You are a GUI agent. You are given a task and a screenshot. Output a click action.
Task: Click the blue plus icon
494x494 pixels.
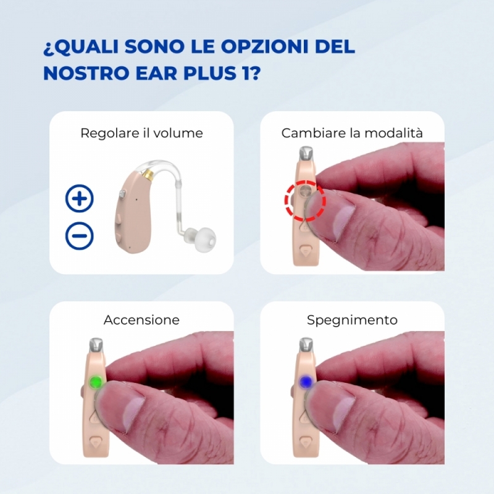[80, 198]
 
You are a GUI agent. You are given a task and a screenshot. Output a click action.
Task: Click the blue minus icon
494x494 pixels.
[80, 236]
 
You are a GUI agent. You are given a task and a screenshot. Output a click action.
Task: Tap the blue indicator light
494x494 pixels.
[305, 382]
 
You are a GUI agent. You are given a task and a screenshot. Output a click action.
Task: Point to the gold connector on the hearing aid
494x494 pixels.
[148, 174]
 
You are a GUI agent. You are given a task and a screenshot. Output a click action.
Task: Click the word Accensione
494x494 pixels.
[141, 320]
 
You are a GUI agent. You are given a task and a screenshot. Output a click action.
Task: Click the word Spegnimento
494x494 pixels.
[352, 320]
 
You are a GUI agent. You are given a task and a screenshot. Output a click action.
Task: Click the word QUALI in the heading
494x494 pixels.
[86, 47]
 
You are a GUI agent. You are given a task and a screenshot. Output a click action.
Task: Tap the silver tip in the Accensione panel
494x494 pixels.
[96, 345]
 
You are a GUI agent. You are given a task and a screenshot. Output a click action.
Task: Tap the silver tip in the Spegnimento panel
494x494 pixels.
[306, 345]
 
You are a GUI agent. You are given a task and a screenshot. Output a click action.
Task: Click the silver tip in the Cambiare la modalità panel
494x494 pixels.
[306, 153]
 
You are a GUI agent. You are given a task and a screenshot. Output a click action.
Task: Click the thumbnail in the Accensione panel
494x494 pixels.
[133, 412]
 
